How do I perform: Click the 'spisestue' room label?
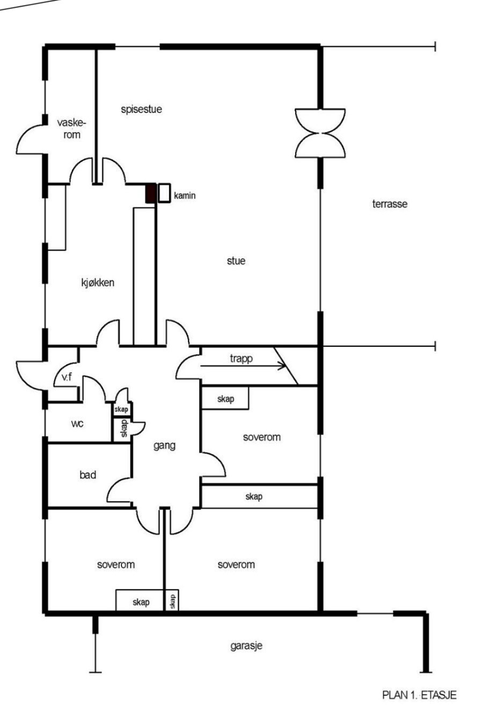pos(142,110)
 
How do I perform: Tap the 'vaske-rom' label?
pos(71,129)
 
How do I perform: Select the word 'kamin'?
pos(185,196)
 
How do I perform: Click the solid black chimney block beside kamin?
pos(151,193)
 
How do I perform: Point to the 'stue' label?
pos(236,261)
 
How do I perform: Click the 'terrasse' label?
pos(390,204)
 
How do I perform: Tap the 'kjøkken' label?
pos(98,283)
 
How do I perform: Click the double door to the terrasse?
pos(320,133)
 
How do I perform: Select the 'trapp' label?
pos(241,359)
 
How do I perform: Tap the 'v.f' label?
pos(67,377)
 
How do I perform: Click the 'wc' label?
pos(77,424)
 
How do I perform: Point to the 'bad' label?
pos(87,475)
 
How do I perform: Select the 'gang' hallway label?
pos(164,446)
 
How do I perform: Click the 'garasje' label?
pos(246,646)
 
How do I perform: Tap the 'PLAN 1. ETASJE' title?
pos(419,695)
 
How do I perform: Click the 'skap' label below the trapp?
pos(225,399)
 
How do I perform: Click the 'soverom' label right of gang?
pos(262,438)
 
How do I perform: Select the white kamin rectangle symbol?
pos(164,193)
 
